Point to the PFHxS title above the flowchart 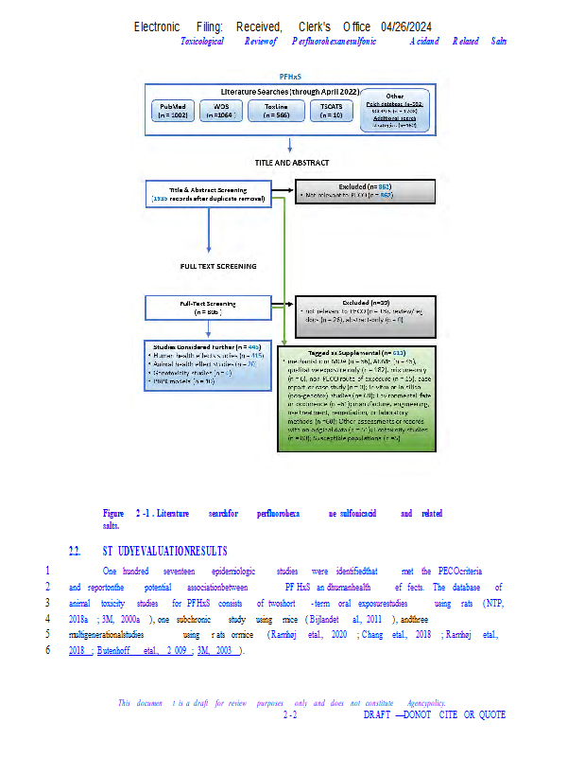290,75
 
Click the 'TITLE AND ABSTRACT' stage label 290,163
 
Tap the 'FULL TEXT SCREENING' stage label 218,266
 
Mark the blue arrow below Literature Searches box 290,143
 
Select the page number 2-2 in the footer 291,715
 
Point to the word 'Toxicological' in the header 202,41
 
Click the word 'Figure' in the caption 113,513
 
